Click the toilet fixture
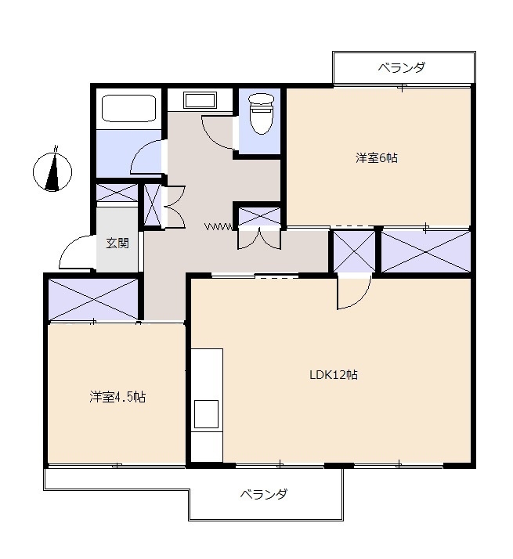click(262, 114)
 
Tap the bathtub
click(129, 108)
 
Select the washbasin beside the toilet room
click(200, 100)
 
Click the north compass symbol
click(52, 171)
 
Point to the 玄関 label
click(117, 243)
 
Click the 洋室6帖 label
click(377, 157)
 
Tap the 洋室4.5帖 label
click(117, 396)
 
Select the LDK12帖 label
click(333, 375)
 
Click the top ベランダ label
click(402, 67)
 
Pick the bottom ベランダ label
click(263, 494)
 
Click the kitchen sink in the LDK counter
click(206, 414)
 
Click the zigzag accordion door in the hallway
click(219, 226)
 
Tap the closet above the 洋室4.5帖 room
click(93, 299)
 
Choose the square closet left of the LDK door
click(354, 251)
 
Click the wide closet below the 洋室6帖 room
click(426, 251)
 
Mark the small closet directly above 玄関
click(117, 193)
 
